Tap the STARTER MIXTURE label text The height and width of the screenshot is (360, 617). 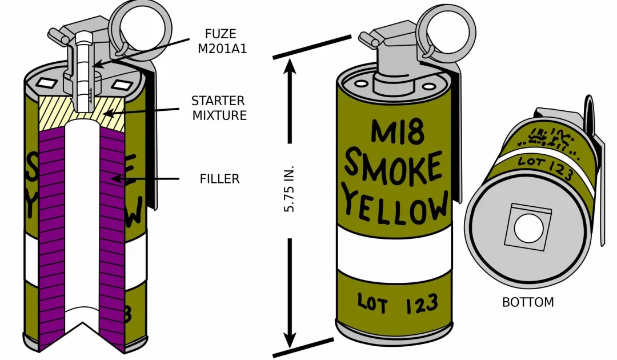(x=219, y=108)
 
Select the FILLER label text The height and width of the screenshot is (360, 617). (x=219, y=179)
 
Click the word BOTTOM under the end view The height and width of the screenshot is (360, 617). (x=528, y=302)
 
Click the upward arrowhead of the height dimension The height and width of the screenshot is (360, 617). (x=290, y=67)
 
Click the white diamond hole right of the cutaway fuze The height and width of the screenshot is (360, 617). (x=122, y=86)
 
